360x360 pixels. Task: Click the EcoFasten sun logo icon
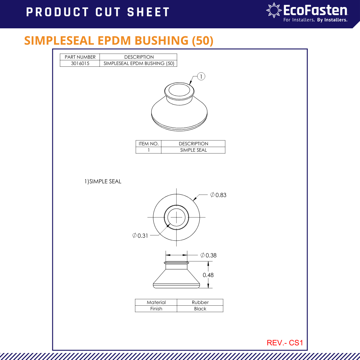pos(274,11)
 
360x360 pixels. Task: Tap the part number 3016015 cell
pos(80,63)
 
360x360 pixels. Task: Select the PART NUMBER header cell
pos(80,57)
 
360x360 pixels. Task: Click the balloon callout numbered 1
pos(201,76)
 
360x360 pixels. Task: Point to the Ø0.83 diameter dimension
pos(218,195)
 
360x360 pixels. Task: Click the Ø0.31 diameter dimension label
pos(140,236)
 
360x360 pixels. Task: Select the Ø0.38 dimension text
pos(209,255)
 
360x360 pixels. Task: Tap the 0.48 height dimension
pos(208,275)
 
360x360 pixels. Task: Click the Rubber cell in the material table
pos(200,302)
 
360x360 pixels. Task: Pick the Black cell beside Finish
pos(200,309)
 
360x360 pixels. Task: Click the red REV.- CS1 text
pos(285,343)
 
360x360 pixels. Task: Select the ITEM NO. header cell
pos(148,144)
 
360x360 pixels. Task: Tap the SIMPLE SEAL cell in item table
pos(193,150)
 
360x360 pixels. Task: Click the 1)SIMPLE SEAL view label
pos(103,182)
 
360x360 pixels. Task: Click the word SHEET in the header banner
pos(148,12)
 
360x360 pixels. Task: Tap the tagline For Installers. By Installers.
pos(315,20)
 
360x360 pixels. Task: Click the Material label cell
pos(156,302)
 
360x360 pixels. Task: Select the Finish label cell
pos(156,309)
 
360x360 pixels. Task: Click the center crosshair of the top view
pos(176,217)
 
